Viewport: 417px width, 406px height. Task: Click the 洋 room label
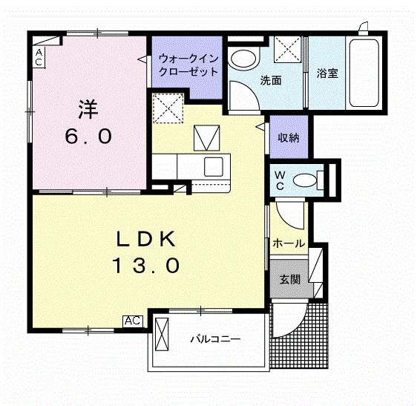click(x=87, y=110)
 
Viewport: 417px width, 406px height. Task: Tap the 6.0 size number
click(x=87, y=137)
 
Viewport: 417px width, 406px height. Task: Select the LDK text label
click(x=145, y=239)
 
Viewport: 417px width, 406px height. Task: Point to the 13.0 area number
click(x=145, y=265)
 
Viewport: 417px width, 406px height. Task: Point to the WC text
click(x=279, y=180)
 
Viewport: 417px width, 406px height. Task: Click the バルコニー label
click(x=215, y=340)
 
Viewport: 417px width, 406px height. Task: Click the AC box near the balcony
click(x=133, y=321)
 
